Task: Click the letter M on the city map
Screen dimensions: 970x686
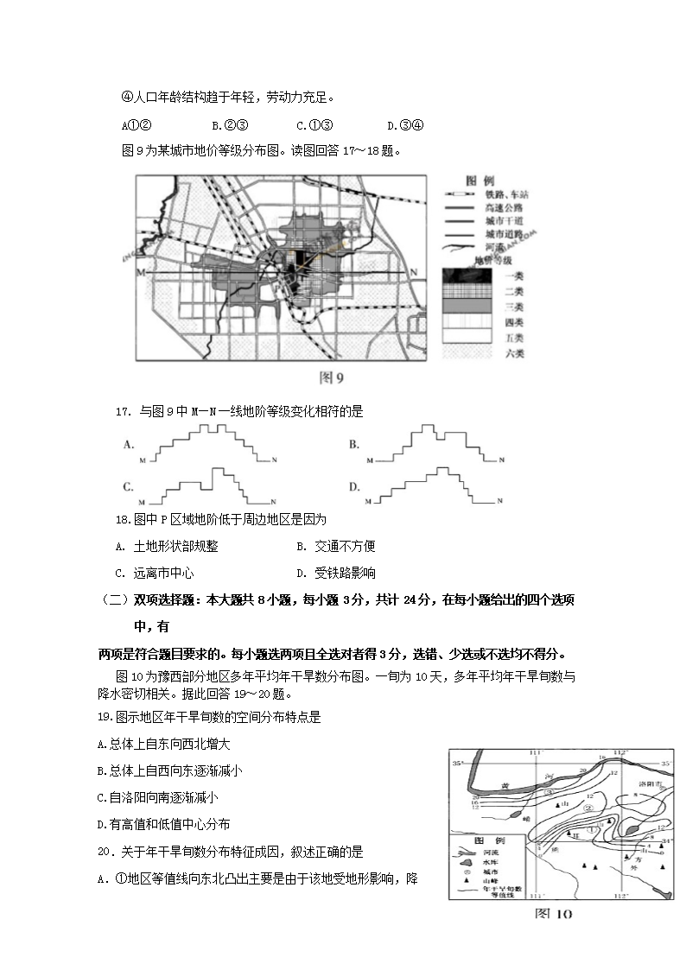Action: [x=138, y=273]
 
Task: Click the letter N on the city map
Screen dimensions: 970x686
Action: [x=413, y=273]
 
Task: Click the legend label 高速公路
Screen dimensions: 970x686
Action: [x=504, y=208]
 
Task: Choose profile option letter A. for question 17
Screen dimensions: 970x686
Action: [x=129, y=445]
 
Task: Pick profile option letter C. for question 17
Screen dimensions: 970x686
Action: [x=129, y=487]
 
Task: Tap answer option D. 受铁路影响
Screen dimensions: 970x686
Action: [x=335, y=573]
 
